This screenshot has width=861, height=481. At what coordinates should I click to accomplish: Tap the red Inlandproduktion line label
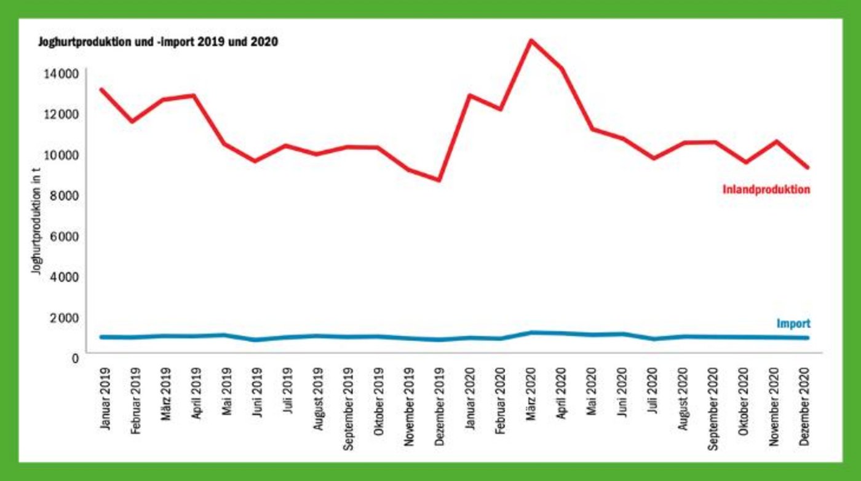click(x=766, y=190)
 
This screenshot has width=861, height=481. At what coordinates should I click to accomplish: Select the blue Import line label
click(x=793, y=324)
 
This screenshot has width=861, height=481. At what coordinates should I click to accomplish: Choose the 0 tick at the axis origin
click(x=75, y=357)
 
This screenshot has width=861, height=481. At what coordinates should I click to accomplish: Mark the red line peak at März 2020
click(x=531, y=41)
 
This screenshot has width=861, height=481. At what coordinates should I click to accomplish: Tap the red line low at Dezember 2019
click(x=439, y=180)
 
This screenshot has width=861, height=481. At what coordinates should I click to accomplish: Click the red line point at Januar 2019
click(x=101, y=90)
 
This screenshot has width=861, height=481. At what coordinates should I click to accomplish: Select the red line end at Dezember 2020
click(x=806, y=167)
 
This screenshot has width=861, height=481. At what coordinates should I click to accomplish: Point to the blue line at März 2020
click(x=531, y=333)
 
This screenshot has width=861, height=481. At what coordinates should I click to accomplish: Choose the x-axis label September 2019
click(x=349, y=409)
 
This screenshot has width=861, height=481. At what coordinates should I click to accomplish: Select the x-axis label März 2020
click(x=531, y=392)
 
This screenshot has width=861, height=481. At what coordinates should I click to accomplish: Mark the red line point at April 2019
click(x=194, y=95)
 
